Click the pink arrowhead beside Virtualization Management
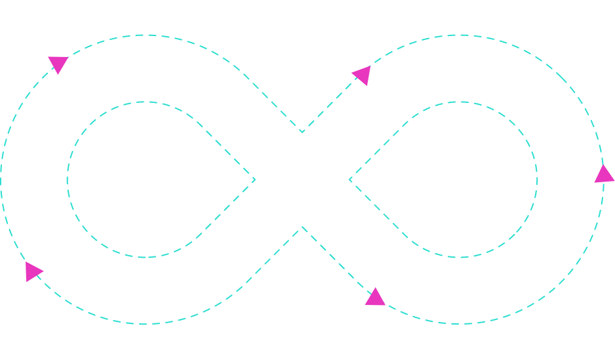(x=361, y=75)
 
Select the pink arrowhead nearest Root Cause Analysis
(x=33, y=271)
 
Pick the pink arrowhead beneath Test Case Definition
(x=375, y=297)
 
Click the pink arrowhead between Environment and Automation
(x=604, y=174)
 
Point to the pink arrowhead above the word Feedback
(x=58, y=64)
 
